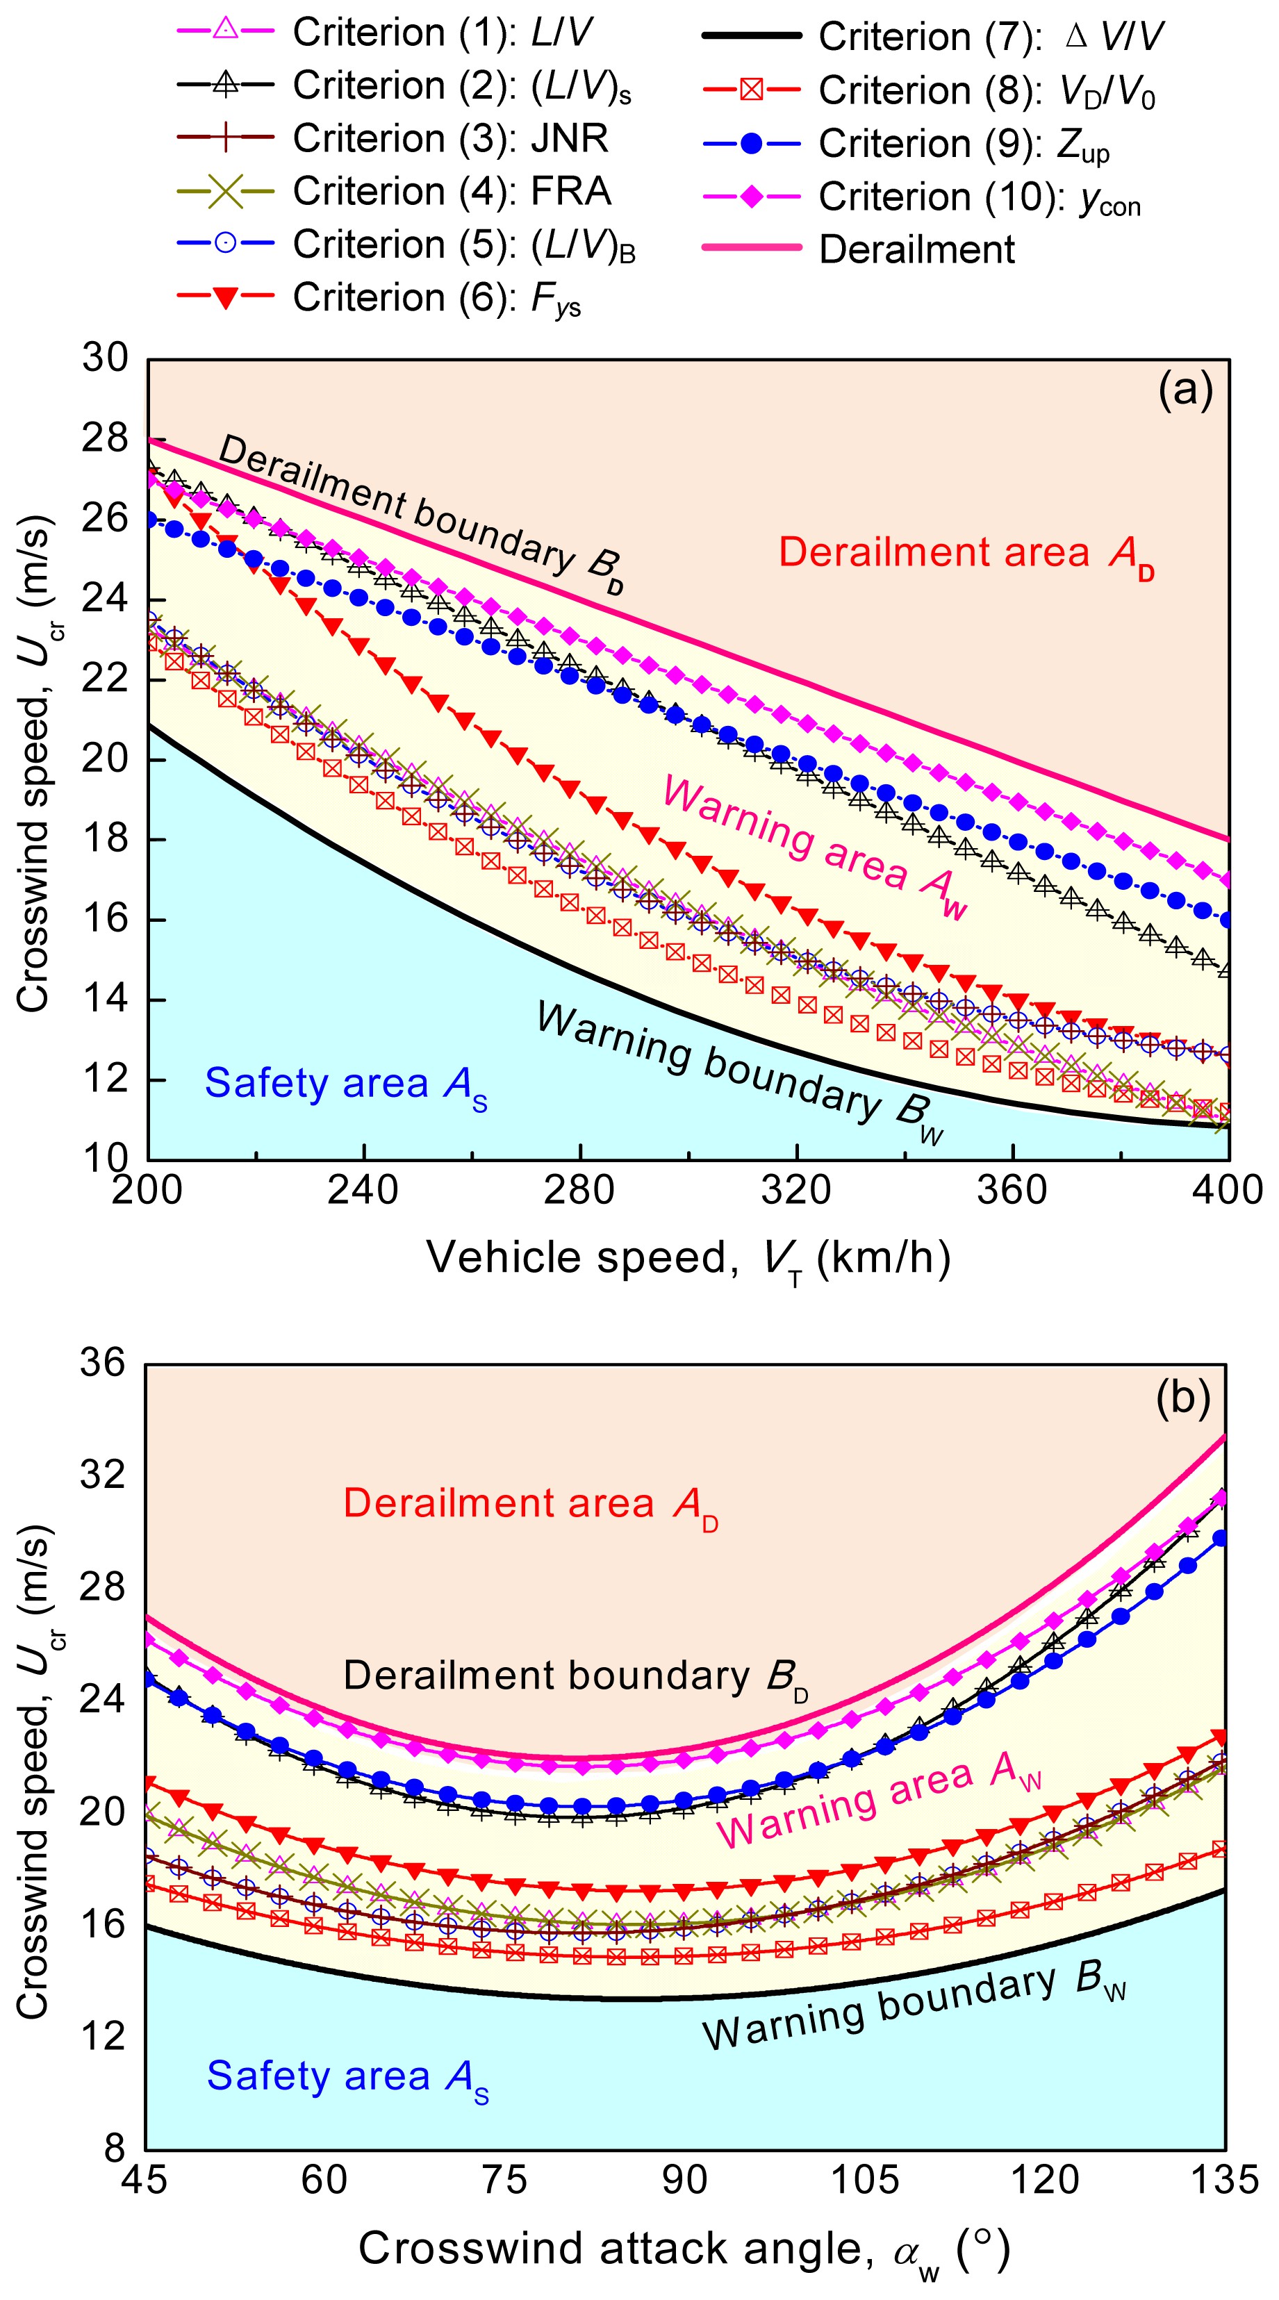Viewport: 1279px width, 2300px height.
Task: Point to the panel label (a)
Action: [1185, 390]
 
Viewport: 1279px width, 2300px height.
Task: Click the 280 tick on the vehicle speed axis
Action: [579, 1190]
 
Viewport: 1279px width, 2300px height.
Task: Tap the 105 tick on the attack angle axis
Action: [864, 2179]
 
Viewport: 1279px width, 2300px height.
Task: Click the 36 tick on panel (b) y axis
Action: [103, 1364]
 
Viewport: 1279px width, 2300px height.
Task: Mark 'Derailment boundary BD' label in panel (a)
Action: [420, 513]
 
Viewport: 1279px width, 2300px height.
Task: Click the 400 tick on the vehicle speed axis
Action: [1229, 1190]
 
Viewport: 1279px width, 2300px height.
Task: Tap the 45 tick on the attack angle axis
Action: [145, 2179]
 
